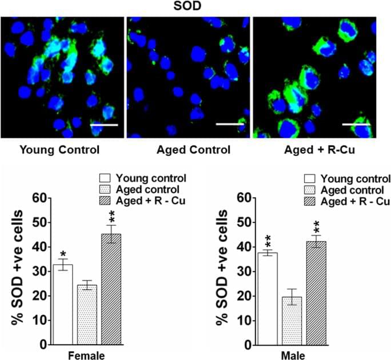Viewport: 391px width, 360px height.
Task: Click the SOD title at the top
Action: pos(195,6)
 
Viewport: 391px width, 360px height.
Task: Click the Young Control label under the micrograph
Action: pos(59,150)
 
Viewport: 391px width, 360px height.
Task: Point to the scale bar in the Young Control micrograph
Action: pos(104,123)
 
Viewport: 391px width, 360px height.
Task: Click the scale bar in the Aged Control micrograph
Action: pos(230,123)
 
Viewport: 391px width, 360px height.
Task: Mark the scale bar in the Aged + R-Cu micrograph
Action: pos(356,123)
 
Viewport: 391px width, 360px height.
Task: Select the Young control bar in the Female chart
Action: pos(62,305)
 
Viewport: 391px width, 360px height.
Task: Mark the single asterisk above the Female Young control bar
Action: pos(62,253)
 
